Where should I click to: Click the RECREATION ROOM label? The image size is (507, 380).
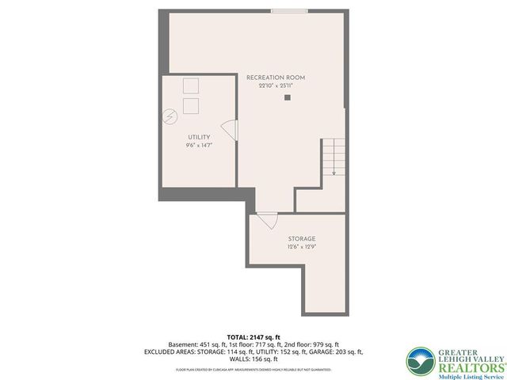275,78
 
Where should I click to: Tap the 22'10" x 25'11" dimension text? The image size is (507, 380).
275,85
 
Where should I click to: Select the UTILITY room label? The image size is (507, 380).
199,137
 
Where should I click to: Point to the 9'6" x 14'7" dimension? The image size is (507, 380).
199,146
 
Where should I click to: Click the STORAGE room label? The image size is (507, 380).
302,238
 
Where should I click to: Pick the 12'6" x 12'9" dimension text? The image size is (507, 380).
302,247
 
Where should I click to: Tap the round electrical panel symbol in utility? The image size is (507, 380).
170,117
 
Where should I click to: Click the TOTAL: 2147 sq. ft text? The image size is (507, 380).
253,336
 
